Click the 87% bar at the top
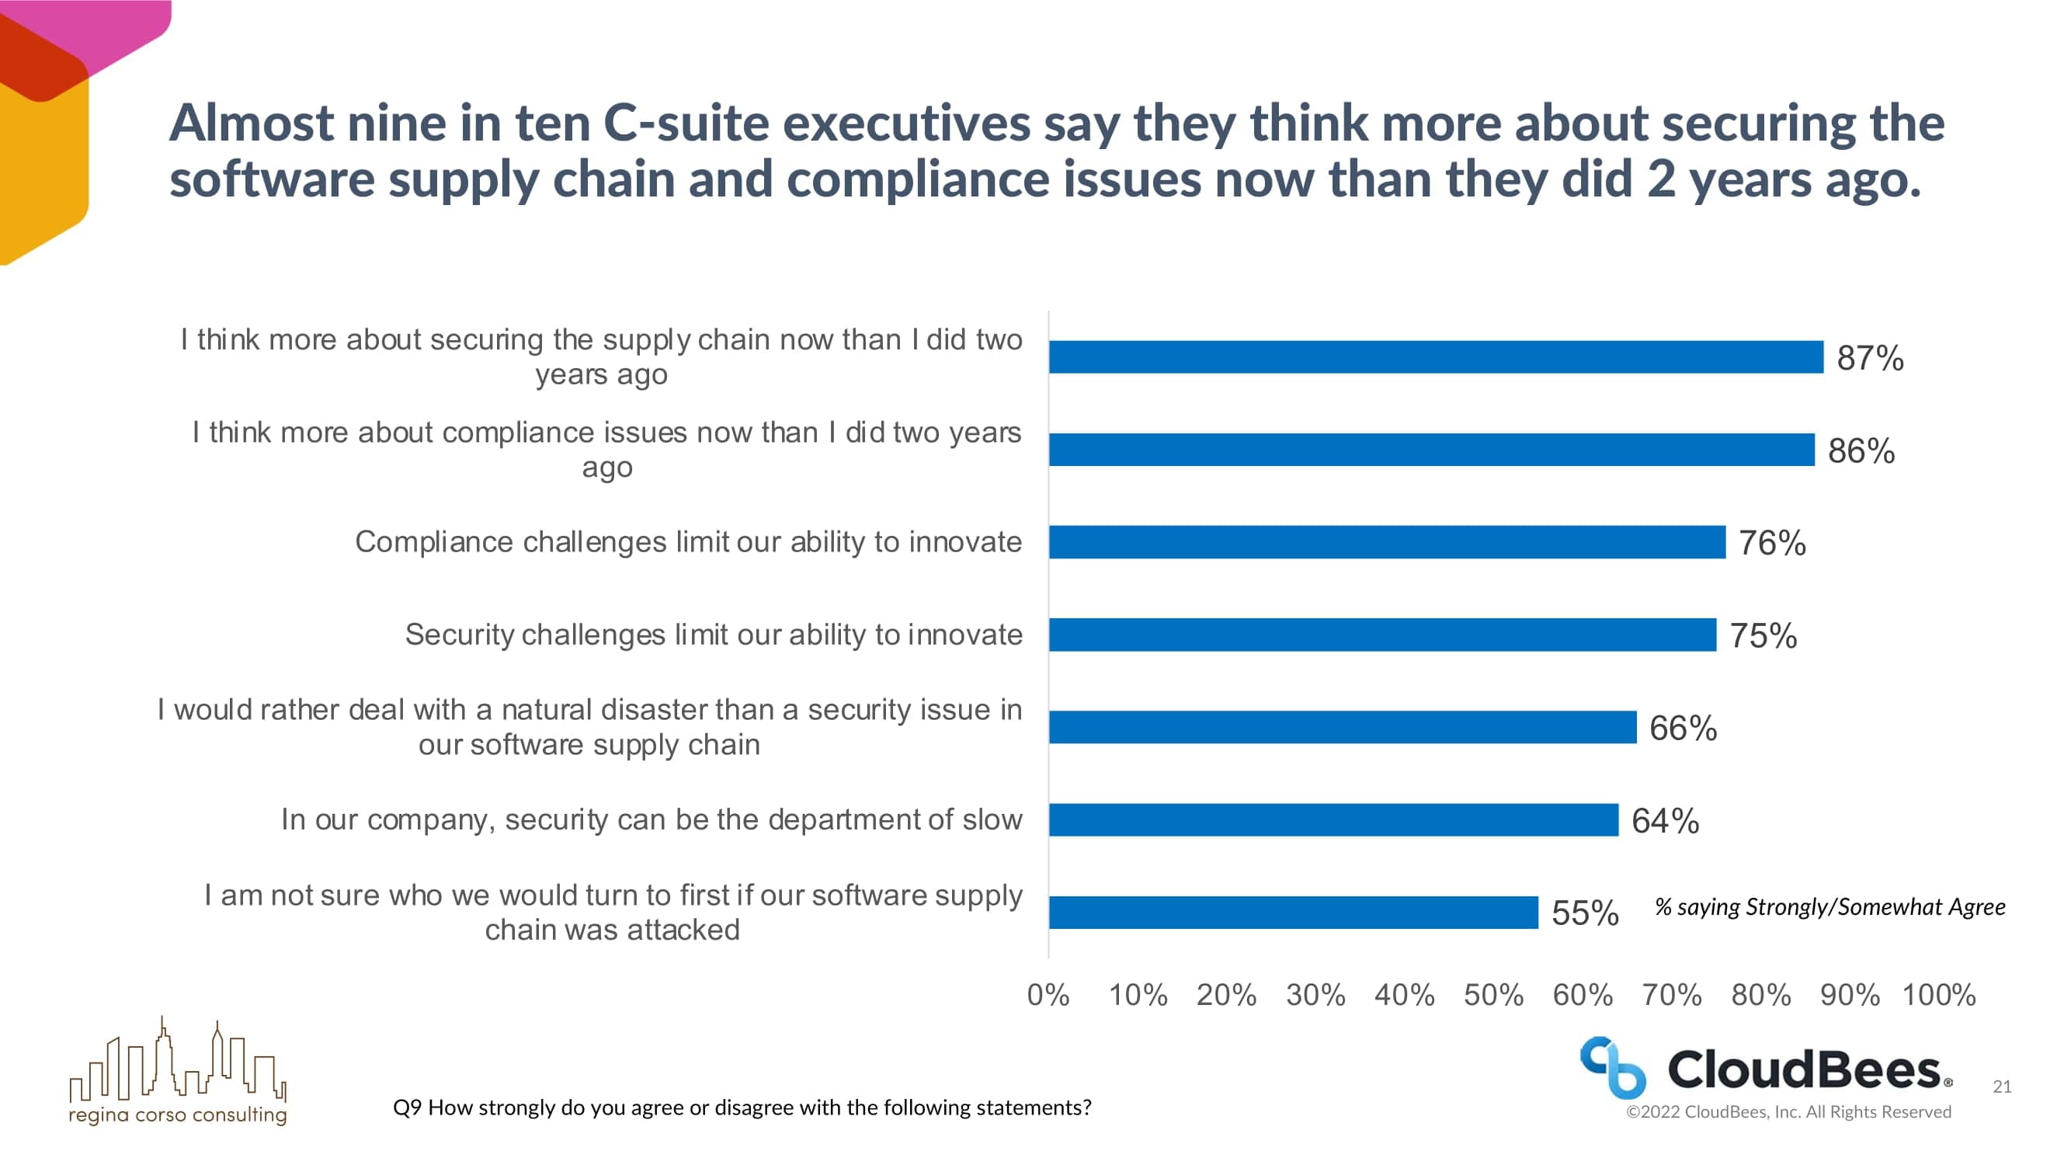(x=1436, y=357)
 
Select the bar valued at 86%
(x=1431, y=450)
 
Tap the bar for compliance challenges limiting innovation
(x=1387, y=542)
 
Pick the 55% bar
(x=1293, y=913)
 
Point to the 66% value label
(x=1683, y=729)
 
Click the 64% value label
(x=1665, y=821)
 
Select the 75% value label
(x=1763, y=636)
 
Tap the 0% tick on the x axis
(x=1048, y=996)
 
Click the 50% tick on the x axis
(x=1493, y=996)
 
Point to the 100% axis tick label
(x=1938, y=996)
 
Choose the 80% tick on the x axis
(x=1760, y=996)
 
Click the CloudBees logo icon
(x=1613, y=1068)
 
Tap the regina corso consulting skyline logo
(x=178, y=1069)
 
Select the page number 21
(x=2002, y=1087)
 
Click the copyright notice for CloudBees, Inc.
(x=1789, y=1112)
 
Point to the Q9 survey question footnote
(x=742, y=1108)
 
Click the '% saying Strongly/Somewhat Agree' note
(x=1829, y=907)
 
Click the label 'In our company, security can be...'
(x=652, y=819)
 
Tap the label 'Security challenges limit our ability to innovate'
(x=713, y=635)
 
